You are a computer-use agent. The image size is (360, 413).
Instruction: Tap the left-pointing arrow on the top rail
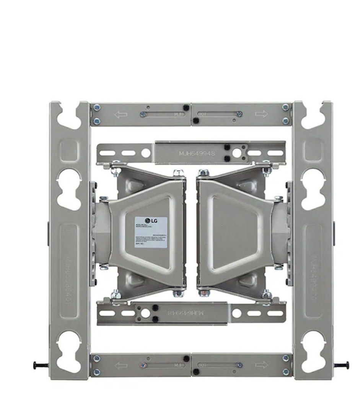(x=121, y=114)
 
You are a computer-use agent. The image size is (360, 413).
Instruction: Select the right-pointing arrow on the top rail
(x=262, y=114)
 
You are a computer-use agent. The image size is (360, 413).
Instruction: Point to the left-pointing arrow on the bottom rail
(x=121, y=365)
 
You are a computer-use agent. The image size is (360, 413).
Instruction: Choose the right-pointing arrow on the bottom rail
(x=262, y=365)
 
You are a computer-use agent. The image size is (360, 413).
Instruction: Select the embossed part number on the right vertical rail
(x=314, y=279)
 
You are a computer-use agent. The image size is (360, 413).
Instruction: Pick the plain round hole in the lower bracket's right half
(x=237, y=314)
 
